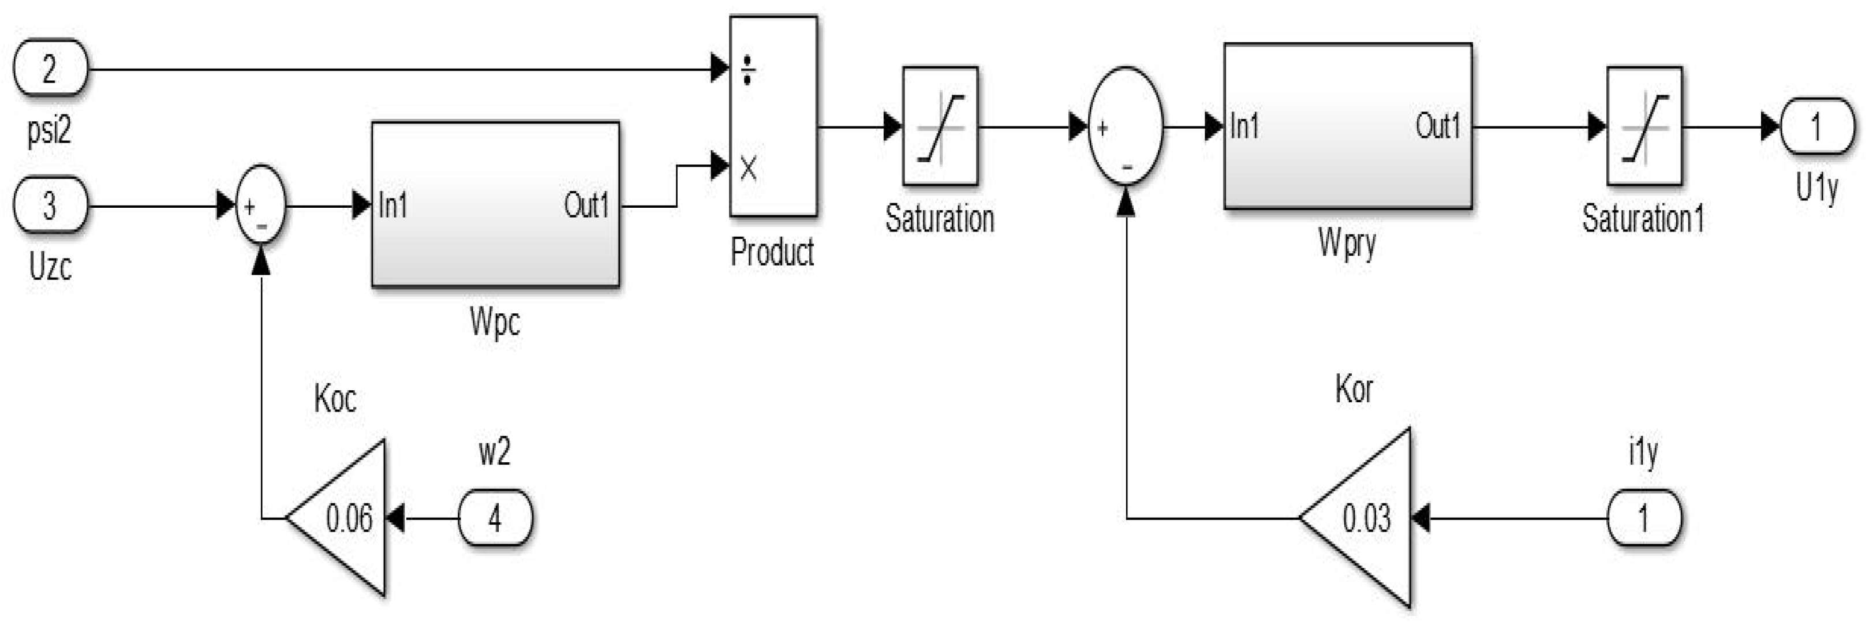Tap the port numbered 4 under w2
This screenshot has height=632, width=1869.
495,518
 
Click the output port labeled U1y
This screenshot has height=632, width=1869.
1816,127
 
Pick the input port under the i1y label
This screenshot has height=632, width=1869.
1643,518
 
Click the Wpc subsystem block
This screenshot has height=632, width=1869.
495,205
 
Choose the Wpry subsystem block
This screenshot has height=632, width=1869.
1347,127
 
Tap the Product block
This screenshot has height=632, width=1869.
773,116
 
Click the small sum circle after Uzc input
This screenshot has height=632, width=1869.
260,205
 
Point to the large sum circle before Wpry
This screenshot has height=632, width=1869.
1126,127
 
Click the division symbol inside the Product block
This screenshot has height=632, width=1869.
748,71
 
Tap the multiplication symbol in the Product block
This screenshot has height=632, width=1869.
748,169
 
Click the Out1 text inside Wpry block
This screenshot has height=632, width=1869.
1437,127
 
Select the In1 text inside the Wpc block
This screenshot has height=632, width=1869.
393,206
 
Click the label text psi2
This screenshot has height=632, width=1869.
49,132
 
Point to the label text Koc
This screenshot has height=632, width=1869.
334,398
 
